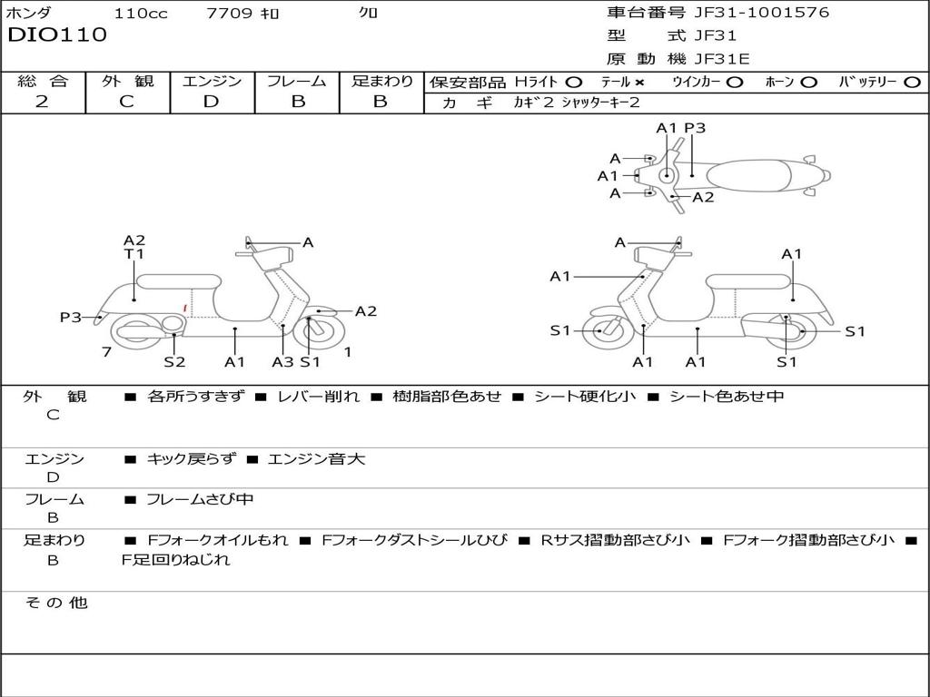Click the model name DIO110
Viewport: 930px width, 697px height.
[x=57, y=35]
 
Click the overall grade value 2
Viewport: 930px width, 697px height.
[x=42, y=102]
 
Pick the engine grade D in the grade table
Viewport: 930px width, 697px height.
[x=211, y=102]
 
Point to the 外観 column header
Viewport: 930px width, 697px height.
[x=127, y=82]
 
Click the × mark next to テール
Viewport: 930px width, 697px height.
[x=640, y=82]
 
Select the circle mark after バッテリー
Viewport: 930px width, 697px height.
[x=912, y=82]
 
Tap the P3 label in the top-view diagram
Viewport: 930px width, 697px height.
[x=695, y=128]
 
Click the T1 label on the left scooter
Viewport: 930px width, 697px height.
[x=134, y=255]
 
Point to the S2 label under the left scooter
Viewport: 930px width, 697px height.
[x=174, y=361]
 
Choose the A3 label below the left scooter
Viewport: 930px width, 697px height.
[x=282, y=361]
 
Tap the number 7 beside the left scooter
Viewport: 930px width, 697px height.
[x=106, y=351]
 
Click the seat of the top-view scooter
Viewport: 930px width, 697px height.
[x=750, y=174]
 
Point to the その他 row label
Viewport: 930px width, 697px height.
[x=55, y=603]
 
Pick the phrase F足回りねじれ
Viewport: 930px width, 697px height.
[x=176, y=560]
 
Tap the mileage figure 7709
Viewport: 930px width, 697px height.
[x=230, y=14]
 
